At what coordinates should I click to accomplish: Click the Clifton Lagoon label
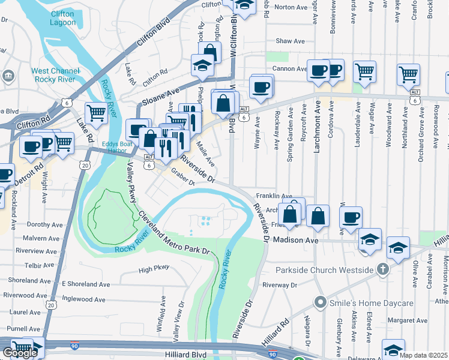click(63, 17)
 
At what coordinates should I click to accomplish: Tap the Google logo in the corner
click(19, 353)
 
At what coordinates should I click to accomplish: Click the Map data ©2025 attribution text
click(423, 355)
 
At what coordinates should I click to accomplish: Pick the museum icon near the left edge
click(8, 76)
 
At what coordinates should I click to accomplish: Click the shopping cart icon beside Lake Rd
click(96, 112)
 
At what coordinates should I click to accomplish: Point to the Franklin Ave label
click(274, 196)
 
